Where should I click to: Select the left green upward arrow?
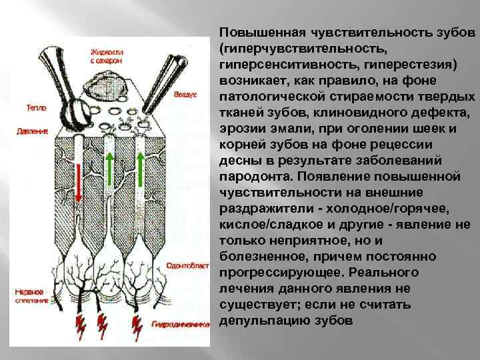tap(109, 163)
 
